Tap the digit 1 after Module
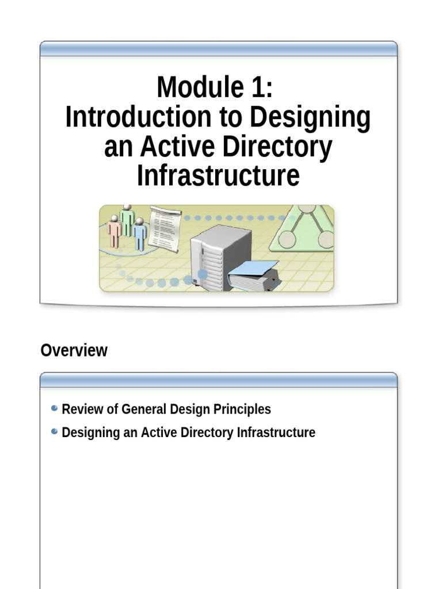pos(256,88)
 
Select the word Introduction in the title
pos(138,117)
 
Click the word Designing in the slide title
pos(311,117)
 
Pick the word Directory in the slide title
pos(277,147)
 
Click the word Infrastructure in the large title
pos(218,176)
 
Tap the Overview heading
pos(74,350)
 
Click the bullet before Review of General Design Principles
pos(54,408)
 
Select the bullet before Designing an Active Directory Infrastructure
pos(54,431)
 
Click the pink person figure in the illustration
pos(115,231)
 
